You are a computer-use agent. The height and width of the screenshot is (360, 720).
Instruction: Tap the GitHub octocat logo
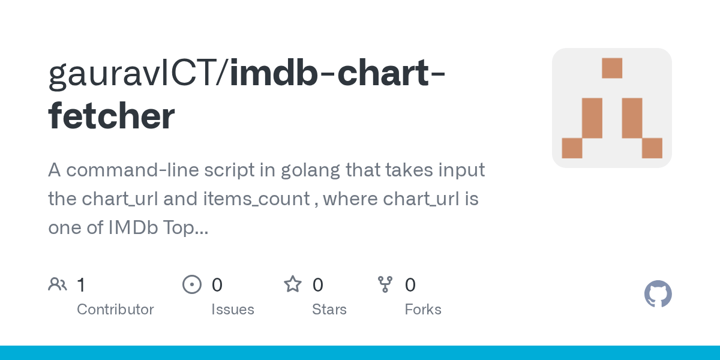pos(658,294)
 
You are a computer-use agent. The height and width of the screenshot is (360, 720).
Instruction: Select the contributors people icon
pos(58,284)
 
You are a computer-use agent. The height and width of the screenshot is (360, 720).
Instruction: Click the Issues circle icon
pos(191,284)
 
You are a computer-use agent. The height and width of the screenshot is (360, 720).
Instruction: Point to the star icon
pos(293,284)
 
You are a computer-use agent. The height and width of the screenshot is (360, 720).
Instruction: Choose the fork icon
pos(385,284)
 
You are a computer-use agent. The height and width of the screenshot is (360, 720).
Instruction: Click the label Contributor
pos(115,310)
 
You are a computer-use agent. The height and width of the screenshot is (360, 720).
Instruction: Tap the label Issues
pos(233,310)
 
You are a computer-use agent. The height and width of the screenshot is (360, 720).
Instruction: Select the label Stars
pos(329,310)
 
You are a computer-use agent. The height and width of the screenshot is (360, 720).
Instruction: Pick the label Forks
pos(423,310)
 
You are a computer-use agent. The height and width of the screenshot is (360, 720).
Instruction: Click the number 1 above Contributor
pos(82,285)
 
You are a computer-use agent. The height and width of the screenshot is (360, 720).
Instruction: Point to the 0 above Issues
pos(217,285)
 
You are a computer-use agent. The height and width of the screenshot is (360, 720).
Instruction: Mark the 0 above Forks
pos(410,285)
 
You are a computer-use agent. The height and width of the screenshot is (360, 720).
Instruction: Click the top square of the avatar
pos(612,68)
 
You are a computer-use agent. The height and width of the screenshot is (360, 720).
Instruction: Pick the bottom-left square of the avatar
pos(572,148)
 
